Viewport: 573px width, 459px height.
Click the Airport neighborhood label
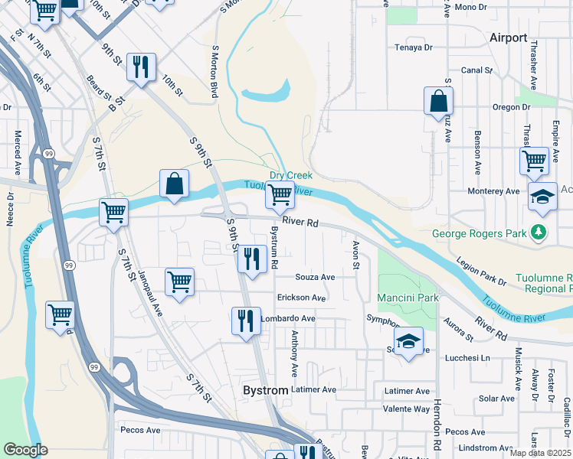click(x=509, y=37)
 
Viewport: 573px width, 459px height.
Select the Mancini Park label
click(x=407, y=298)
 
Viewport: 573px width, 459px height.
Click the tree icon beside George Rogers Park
click(x=541, y=232)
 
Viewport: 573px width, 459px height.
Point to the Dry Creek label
click(x=290, y=175)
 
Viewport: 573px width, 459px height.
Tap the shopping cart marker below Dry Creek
click(x=280, y=196)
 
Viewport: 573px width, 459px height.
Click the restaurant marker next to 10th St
click(x=141, y=67)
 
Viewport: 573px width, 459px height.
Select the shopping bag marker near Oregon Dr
click(x=438, y=100)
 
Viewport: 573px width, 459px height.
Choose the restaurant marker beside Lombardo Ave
click(x=246, y=320)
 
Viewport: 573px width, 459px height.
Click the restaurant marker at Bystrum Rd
click(x=251, y=259)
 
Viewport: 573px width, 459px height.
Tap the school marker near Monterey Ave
click(x=542, y=197)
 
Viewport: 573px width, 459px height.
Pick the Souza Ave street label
click(x=316, y=277)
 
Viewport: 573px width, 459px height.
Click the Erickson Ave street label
click(x=302, y=298)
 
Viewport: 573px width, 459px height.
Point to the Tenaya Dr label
click(x=414, y=47)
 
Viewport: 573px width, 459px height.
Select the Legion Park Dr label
click(x=481, y=272)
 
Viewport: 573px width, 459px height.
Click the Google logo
click(x=26, y=450)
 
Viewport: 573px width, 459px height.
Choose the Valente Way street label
click(x=406, y=409)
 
